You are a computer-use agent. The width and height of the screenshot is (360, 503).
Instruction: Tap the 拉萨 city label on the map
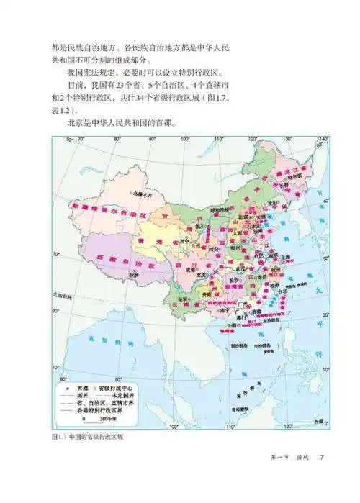134,276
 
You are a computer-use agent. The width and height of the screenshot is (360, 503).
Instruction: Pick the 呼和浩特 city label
219,211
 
